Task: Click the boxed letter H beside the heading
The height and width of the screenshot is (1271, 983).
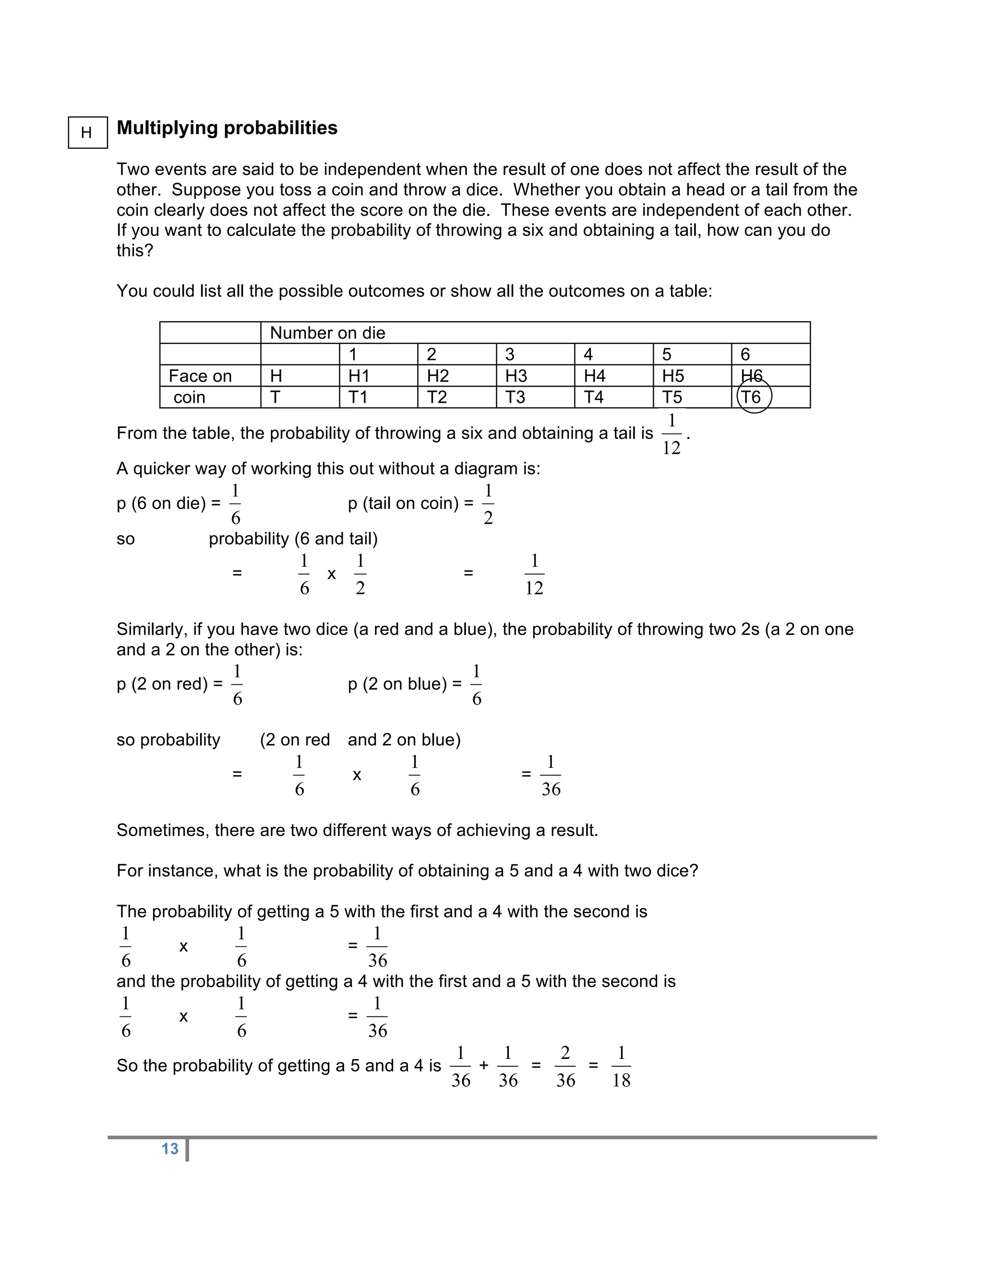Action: point(87,133)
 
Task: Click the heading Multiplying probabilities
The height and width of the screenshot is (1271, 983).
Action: point(227,128)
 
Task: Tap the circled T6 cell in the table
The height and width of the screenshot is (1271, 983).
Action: point(753,397)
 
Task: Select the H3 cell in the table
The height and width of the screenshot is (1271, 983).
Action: point(516,376)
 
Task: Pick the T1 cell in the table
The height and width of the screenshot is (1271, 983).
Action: point(358,397)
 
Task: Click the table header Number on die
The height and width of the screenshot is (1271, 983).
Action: point(327,333)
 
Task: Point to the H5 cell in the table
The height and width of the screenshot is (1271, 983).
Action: point(673,376)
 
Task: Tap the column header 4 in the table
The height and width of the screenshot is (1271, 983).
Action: point(588,354)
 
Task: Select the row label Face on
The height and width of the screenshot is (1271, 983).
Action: point(200,376)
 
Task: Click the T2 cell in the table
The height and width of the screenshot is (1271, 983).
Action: point(437,397)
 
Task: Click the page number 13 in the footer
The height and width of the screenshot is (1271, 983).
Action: point(170,1149)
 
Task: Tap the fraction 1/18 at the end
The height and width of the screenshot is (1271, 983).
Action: point(621,1066)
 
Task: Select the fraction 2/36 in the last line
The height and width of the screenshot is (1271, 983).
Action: point(565,1066)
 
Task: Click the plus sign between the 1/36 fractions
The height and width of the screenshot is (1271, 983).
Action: point(484,1066)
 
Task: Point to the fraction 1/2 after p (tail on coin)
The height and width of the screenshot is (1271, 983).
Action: point(488,504)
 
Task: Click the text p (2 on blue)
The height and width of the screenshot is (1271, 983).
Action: point(404,684)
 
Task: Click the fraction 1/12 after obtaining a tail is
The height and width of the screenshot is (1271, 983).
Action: point(671,434)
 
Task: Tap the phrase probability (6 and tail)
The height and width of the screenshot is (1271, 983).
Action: point(293,539)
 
